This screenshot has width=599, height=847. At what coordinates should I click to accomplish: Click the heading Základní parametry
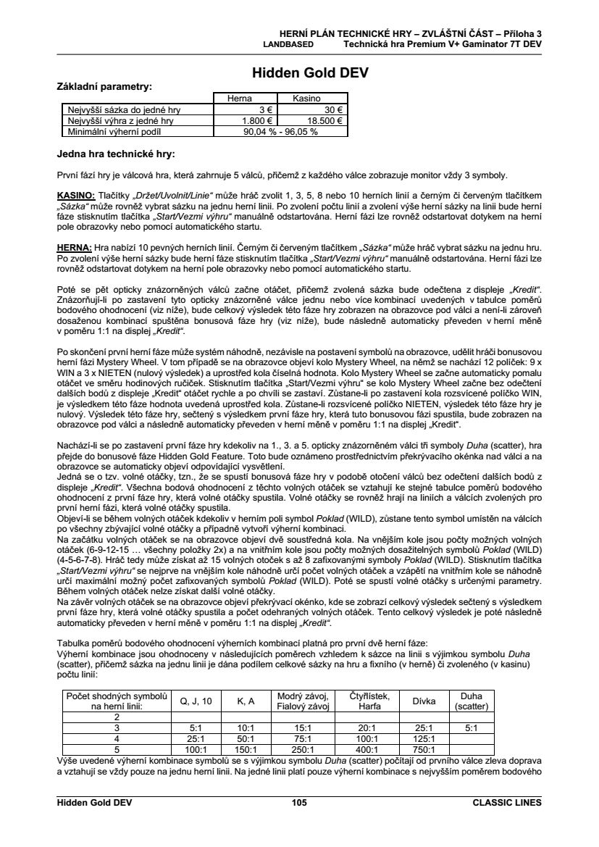pyautogui.click(x=104, y=86)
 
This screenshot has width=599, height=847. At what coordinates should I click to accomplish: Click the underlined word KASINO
pyautogui.click(x=76, y=196)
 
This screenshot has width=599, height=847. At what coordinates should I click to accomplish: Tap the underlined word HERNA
pyautogui.click(x=74, y=247)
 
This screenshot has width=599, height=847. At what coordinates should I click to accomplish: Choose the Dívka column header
pyautogui.click(x=424, y=700)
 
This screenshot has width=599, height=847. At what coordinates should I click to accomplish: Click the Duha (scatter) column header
pyautogui.click(x=472, y=700)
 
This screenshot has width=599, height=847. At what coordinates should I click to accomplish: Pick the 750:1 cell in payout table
pyautogui.click(x=424, y=750)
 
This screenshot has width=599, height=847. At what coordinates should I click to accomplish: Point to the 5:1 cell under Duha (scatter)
pyautogui.click(x=472, y=727)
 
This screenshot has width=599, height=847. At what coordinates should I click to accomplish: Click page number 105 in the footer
pyautogui.click(x=299, y=802)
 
